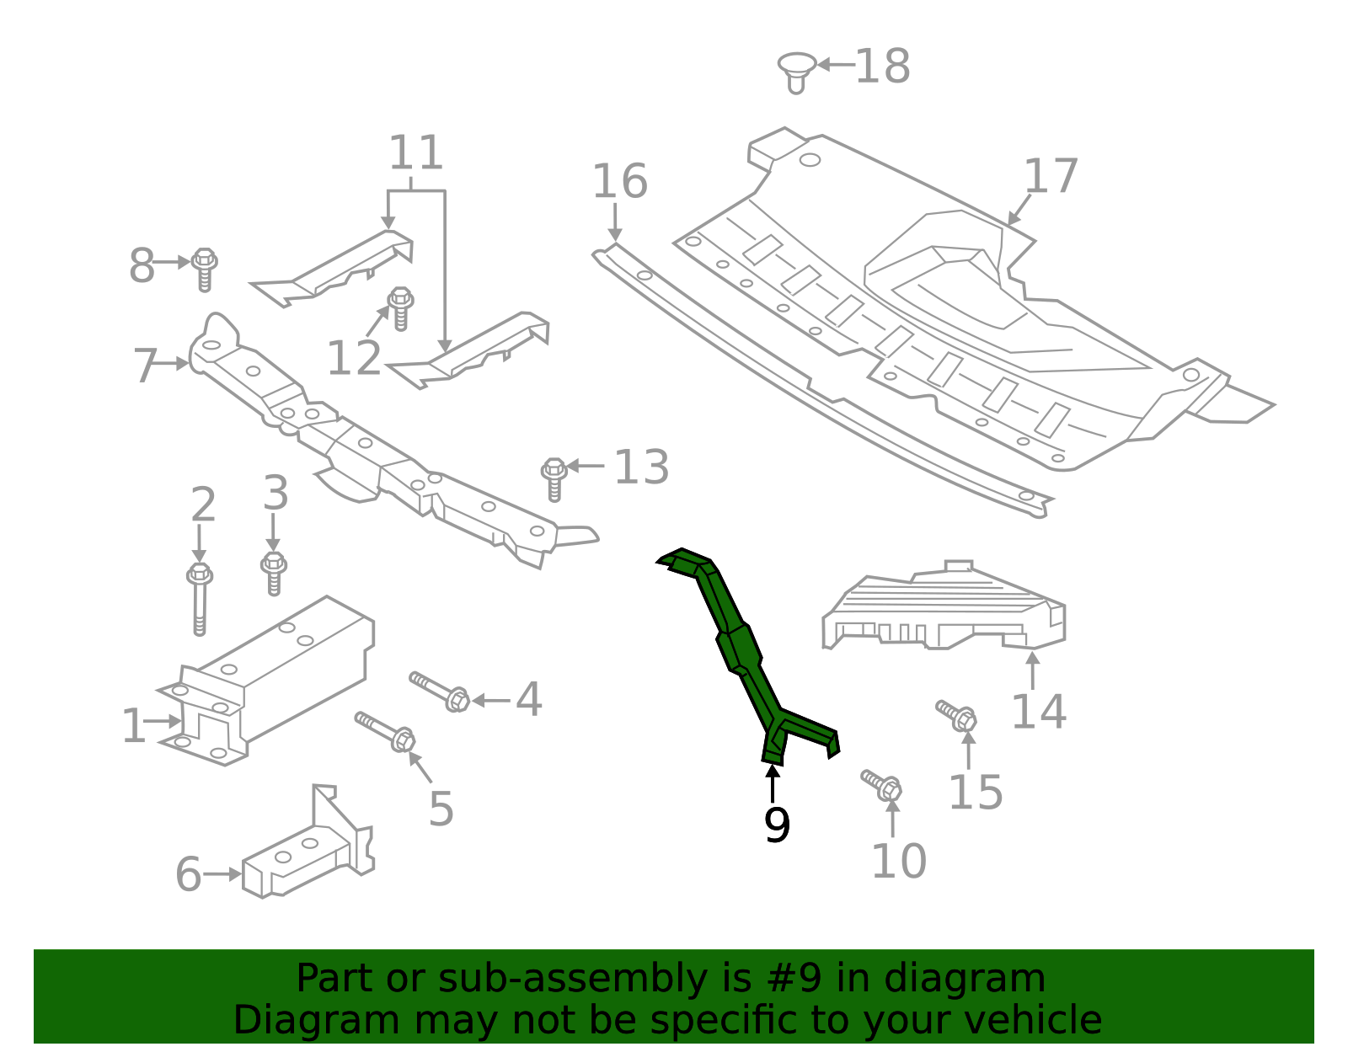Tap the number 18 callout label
882,67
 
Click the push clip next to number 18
796,71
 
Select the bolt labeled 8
204,268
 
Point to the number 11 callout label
415,153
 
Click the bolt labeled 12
401,307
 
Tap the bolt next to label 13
554,478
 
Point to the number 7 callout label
145,366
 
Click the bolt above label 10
882,784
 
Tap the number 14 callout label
1038,712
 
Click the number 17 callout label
1051,176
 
